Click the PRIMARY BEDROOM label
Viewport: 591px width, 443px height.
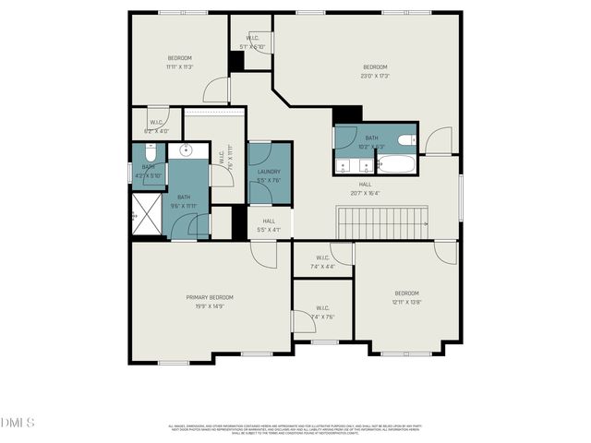210,297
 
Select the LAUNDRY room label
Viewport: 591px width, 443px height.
269,172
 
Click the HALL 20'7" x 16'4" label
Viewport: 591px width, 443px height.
366,188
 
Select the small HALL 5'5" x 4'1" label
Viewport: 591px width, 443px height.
269,225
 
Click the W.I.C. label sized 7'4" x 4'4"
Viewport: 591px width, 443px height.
322,262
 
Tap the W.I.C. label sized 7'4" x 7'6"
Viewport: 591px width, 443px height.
322,312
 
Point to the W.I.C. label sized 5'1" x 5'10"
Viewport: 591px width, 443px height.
252,42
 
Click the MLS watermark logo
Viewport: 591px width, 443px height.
18,423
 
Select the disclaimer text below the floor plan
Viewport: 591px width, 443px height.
295,428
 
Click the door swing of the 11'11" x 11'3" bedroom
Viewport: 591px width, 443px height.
216,90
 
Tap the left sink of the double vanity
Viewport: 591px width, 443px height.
344,166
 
